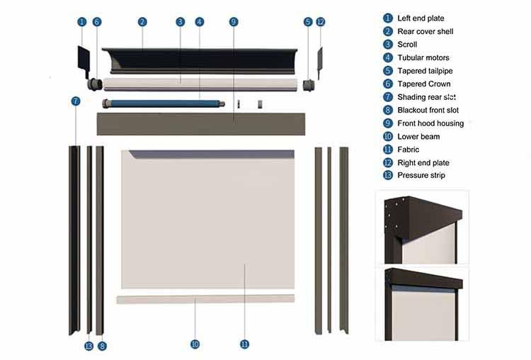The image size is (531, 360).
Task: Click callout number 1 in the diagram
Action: (81, 22)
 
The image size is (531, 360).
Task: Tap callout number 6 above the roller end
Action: (97, 22)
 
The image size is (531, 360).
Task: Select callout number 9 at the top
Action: (234, 22)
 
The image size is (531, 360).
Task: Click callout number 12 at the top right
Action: (321, 22)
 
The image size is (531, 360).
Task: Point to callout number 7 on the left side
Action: (76, 101)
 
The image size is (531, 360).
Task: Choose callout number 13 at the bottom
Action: (88, 346)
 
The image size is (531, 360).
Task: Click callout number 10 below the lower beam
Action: (195, 344)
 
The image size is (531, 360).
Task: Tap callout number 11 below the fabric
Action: (244, 344)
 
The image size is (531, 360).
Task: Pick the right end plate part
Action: (319, 62)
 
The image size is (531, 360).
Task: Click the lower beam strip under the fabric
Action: (205, 299)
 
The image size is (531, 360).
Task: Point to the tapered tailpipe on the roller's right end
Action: (308, 84)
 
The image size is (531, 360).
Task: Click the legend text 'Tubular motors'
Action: (423, 57)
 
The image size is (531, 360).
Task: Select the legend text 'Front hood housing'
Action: (430, 123)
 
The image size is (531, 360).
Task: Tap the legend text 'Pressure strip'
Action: (421, 176)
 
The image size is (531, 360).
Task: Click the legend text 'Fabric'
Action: (408, 150)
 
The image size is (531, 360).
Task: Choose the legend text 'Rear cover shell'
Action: (425, 31)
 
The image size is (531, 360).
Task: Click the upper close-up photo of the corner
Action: (422, 227)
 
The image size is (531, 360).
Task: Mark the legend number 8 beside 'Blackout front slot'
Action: (387, 110)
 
